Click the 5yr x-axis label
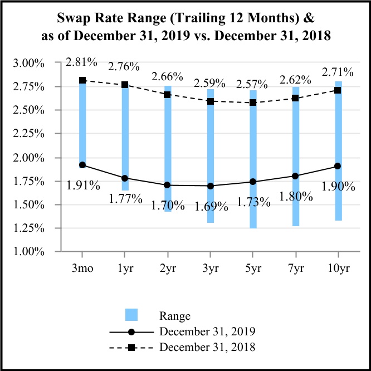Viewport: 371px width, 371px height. click(253, 269)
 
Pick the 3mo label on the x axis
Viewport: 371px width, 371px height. click(83, 269)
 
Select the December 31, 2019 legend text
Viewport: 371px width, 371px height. click(207, 331)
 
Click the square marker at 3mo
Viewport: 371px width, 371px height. click(82, 80)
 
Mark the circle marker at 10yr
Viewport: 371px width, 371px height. click(338, 166)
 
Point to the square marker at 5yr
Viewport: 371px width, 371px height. click(253, 102)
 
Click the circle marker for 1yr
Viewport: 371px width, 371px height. click(125, 178)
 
